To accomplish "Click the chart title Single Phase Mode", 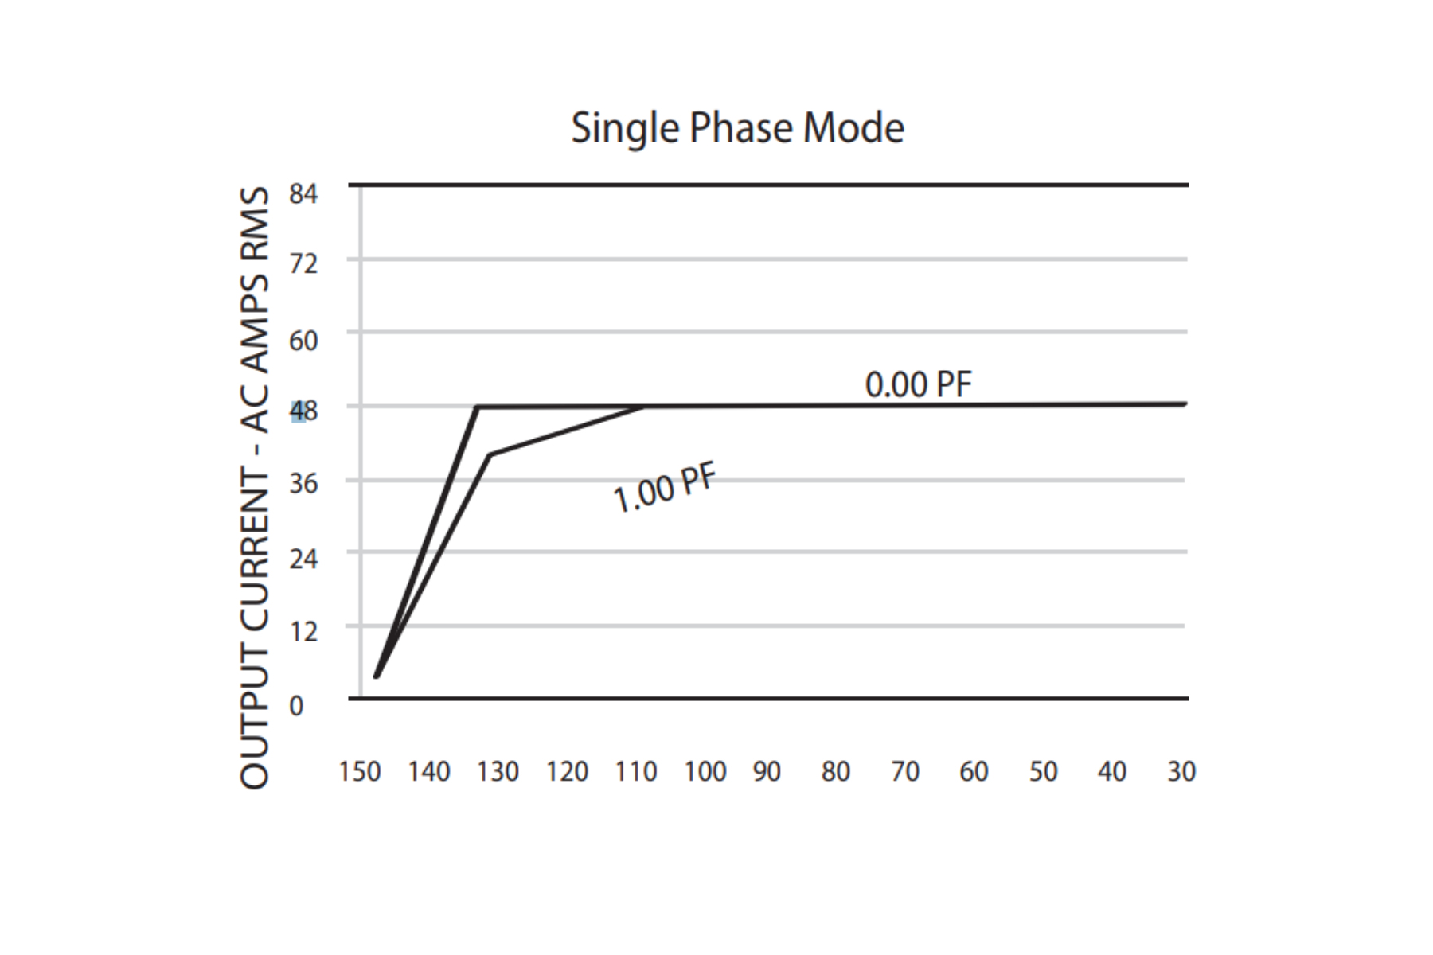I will pos(737,128).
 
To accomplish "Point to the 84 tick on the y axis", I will pos(303,193).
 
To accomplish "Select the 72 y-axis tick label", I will pos(303,263).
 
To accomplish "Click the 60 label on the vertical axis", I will pos(303,341).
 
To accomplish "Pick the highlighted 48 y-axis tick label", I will pos(303,411).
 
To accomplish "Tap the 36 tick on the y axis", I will pos(303,483).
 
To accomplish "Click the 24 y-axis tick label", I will pos(303,559).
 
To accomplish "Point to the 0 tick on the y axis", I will pos(296,706).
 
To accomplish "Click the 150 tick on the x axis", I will pos(360,771).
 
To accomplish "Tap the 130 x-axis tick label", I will pos(498,771).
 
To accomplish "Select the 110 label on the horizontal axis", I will pos(636,771).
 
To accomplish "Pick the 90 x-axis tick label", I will pos(767,771).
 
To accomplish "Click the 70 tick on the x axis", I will pos(905,771).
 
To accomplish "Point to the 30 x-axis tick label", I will pos(1181,771).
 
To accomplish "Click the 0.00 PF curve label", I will pos(918,384).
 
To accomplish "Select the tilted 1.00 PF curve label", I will pos(666,489).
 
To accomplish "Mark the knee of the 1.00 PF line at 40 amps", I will pos(490,455).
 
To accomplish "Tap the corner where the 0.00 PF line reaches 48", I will pos(477,407).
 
